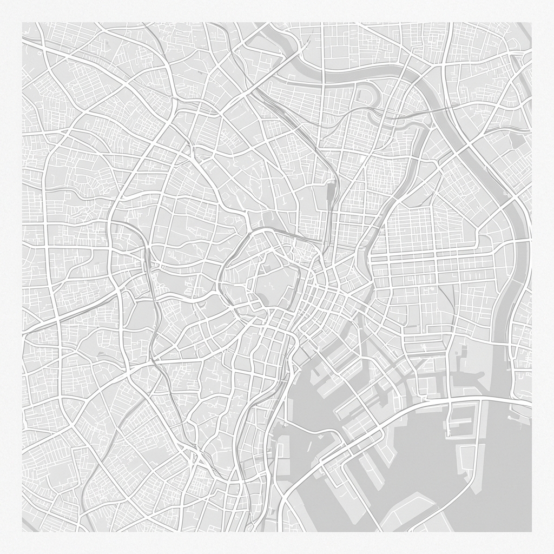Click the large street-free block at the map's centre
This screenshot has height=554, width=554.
point(278,281)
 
